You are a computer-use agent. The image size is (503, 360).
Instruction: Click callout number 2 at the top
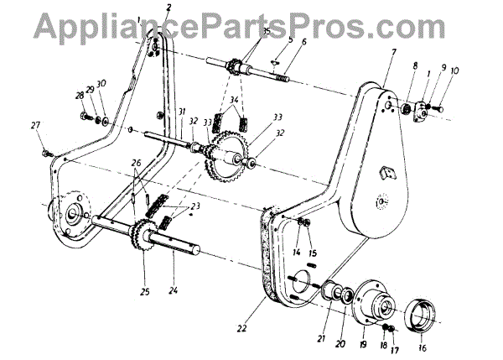pyautogui.click(x=169, y=8)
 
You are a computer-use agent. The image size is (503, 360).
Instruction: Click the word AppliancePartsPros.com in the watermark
pyautogui.click(x=251, y=24)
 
